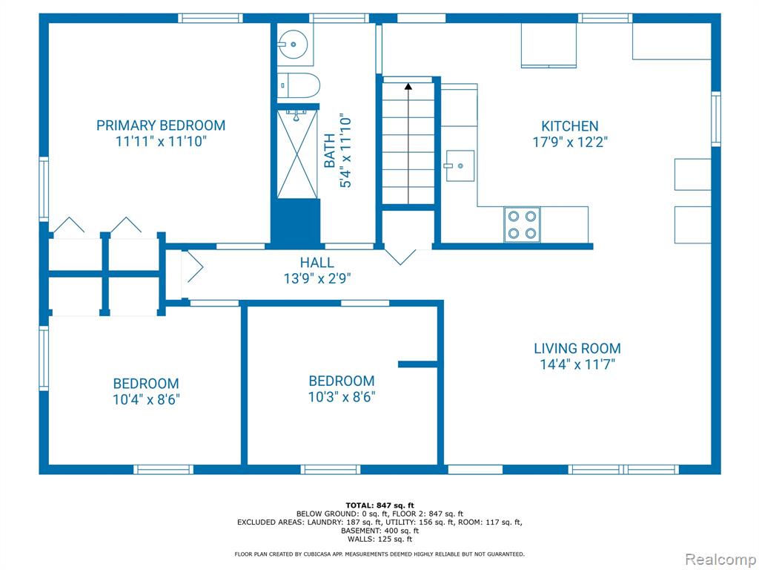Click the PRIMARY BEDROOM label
pos(161,125)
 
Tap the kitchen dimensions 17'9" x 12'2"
pos(570,142)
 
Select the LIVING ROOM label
pos(577,348)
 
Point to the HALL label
pos(317,263)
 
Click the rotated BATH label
pos(330,151)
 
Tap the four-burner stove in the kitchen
pos(523,224)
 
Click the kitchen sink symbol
pos(460,166)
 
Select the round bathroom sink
pos(293,44)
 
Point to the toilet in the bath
pos(299,85)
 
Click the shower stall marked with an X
pos(297,154)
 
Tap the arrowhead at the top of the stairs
pos(408,87)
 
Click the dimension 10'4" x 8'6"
pos(146,400)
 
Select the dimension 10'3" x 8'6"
pos(342,397)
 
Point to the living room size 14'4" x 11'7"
pos(577,364)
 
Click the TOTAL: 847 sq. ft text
pos(380,505)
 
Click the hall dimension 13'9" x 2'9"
pos(317,279)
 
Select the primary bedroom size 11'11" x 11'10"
pos(161,142)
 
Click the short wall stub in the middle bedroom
pos(418,364)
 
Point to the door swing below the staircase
pos(400,257)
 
